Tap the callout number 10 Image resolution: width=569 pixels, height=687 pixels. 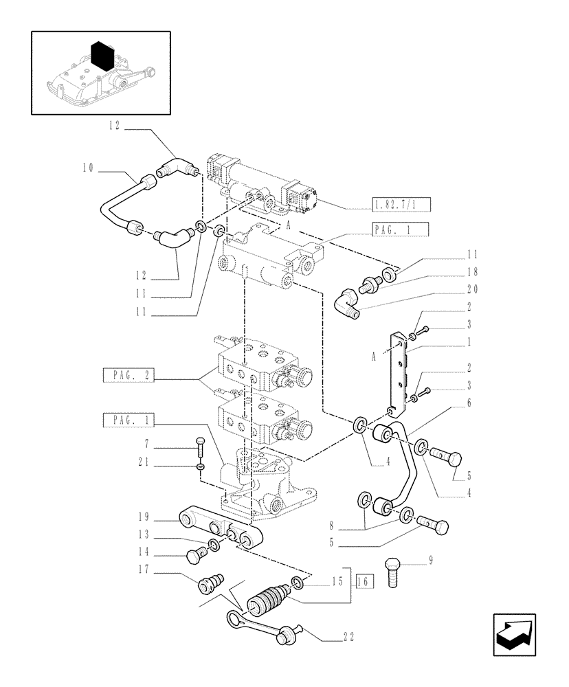[88, 168]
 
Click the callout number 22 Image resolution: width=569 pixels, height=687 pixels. [348, 638]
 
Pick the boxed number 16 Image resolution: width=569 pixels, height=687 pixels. [364, 582]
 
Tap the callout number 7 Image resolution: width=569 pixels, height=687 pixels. [146, 442]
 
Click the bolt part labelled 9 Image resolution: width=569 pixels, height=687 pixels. [394, 570]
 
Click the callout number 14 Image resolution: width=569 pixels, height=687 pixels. [142, 550]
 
